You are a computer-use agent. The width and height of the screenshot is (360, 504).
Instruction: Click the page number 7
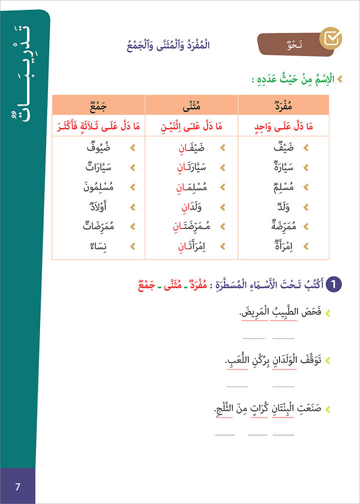(x=17, y=486)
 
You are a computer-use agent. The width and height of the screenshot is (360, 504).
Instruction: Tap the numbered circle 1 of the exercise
(x=332, y=285)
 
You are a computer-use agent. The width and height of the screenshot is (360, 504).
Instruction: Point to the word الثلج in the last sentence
(x=226, y=409)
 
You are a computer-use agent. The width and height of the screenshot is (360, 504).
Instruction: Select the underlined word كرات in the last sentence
(x=259, y=409)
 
